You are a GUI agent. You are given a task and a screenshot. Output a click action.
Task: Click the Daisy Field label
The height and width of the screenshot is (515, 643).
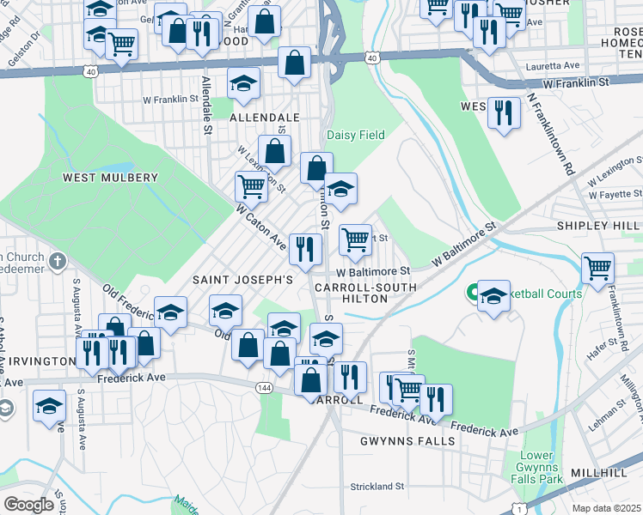[355, 136]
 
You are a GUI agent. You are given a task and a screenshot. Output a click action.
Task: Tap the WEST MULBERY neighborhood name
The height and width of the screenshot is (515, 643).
[110, 178]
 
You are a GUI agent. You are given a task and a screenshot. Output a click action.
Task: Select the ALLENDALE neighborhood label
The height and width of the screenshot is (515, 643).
[265, 117]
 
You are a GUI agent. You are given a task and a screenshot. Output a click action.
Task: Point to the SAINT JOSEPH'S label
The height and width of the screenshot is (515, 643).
[242, 280]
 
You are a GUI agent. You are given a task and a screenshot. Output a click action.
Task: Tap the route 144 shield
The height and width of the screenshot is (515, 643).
[264, 388]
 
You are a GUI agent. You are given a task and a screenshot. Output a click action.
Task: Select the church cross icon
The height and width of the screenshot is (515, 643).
[58, 260]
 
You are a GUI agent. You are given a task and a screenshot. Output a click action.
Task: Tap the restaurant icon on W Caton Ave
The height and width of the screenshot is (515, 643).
[305, 249]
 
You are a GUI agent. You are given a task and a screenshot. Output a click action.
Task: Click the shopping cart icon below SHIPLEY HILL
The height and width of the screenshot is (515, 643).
[597, 267]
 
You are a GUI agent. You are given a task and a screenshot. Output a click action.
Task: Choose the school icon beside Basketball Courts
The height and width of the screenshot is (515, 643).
[493, 296]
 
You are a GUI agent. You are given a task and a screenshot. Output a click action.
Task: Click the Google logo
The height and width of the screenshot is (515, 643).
[29, 504]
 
